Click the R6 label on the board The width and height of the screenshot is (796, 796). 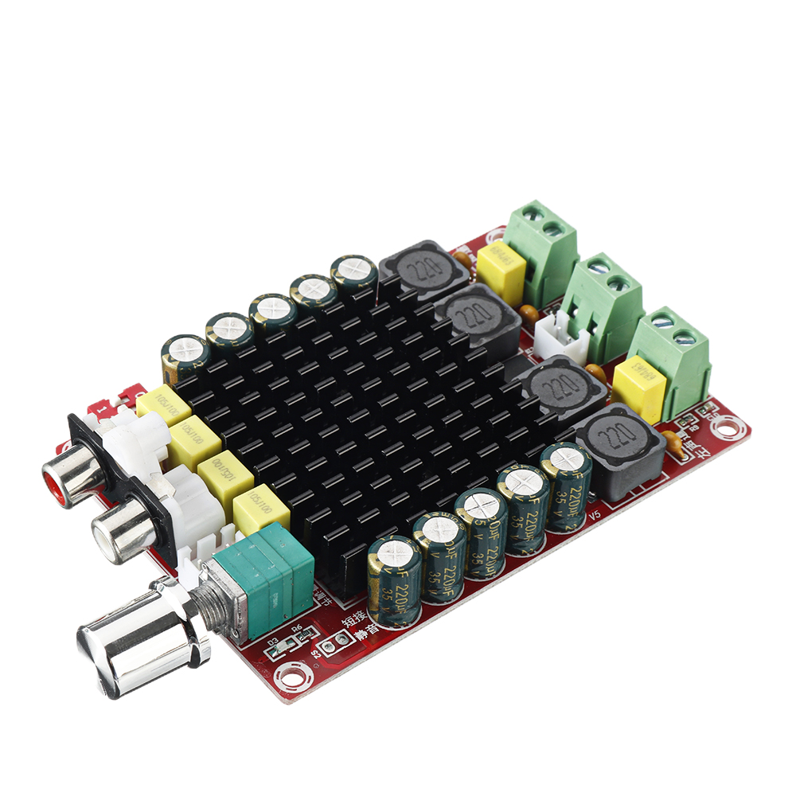point(297,628)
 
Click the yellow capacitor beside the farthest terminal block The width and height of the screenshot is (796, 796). point(501,267)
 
